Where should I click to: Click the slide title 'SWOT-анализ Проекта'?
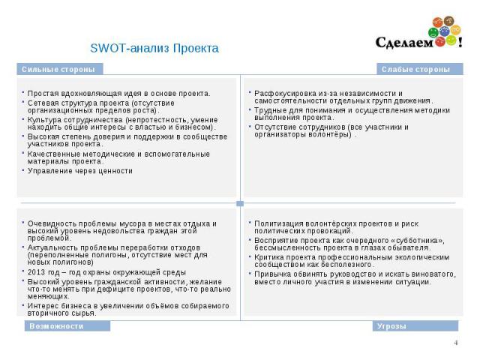(x=154, y=49)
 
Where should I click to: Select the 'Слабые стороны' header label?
(x=415, y=70)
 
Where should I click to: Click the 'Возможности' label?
(x=56, y=326)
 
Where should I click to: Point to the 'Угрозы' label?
(x=391, y=326)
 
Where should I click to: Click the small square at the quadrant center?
(x=239, y=203)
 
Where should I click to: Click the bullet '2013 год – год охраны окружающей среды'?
(x=106, y=272)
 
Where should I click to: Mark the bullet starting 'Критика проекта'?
(x=347, y=260)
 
